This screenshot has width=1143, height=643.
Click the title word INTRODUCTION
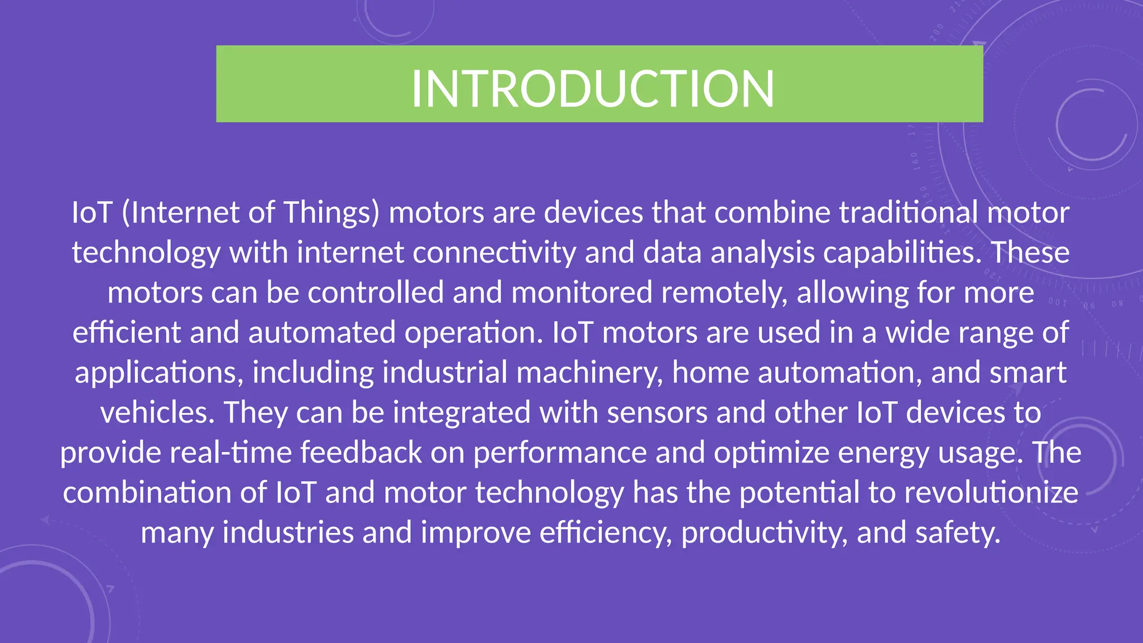pos(593,89)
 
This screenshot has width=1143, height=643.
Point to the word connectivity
pos(494,252)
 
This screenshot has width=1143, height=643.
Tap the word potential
pos(800,492)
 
